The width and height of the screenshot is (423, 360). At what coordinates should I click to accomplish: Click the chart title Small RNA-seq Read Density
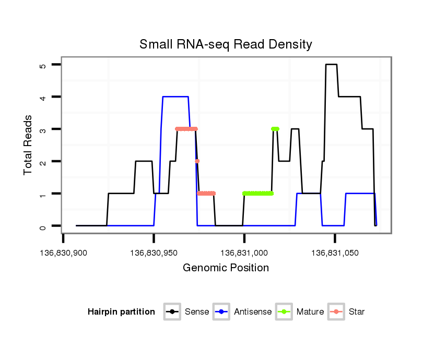pyautogui.click(x=226, y=44)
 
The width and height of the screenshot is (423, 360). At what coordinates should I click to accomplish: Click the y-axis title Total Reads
pyautogui.click(x=28, y=145)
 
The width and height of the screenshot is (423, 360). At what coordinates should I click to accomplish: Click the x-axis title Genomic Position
pyautogui.click(x=226, y=268)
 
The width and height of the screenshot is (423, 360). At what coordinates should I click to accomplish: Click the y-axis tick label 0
pyautogui.click(x=43, y=226)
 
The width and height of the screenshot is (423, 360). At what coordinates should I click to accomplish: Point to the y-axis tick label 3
pyautogui.click(x=43, y=129)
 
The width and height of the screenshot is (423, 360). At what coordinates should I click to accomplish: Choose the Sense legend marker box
pyautogui.click(x=172, y=312)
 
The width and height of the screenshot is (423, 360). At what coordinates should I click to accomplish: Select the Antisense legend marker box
pyautogui.click(x=221, y=312)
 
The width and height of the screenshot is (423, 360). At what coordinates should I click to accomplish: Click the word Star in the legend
pyautogui.click(x=357, y=312)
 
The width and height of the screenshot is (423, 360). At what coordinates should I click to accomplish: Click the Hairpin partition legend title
pyautogui.click(x=121, y=312)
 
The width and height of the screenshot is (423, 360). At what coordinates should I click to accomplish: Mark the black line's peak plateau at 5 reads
pyautogui.click(x=331, y=65)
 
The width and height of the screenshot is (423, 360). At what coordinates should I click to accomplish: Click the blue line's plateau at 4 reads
pyautogui.click(x=175, y=97)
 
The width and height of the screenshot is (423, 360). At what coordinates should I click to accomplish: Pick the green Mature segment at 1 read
pyautogui.click(x=258, y=194)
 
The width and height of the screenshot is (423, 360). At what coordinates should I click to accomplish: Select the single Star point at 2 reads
pyautogui.click(x=197, y=161)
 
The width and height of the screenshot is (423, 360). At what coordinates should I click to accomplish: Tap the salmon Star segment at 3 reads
pyautogui.click(x=186, y=129)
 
